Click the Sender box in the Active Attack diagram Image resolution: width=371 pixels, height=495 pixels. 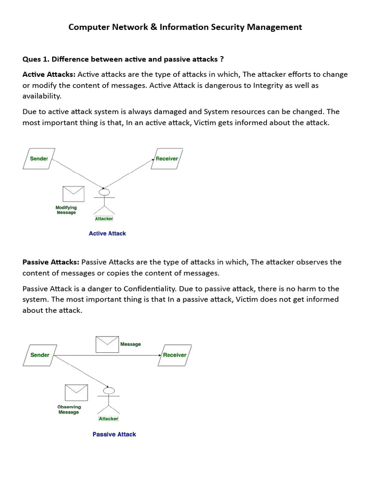click(39, 159)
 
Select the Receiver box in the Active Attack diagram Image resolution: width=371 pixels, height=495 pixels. click(166, 159)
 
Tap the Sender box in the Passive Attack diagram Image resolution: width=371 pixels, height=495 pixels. click(40, 355)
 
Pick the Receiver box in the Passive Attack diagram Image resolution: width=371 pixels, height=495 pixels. click(174, 355)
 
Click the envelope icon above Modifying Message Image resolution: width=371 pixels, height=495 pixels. click(73, 194)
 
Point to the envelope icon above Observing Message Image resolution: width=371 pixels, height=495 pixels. click(76, 393)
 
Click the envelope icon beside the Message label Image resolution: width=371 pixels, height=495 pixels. click(107, 344)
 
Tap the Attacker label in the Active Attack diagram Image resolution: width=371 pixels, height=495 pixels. click(104, 218)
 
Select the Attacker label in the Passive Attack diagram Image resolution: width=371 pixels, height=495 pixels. click(108, 419)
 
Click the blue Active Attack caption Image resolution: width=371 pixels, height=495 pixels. click(107, 233)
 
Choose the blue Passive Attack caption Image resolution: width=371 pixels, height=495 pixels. click(114, 434)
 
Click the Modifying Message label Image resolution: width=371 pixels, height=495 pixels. click(66, 210)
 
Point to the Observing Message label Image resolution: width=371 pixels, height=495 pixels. click(69, 409)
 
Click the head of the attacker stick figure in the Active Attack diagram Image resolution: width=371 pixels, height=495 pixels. click(102, 192)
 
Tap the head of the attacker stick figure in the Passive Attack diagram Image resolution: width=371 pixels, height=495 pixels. click(109, 390)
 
